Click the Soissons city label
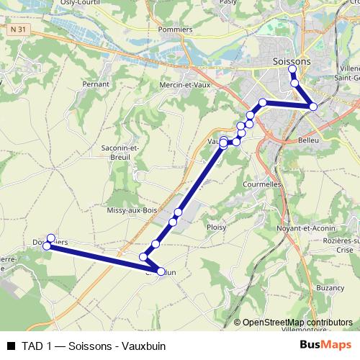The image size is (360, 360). pyautogui.click(x=292, y=61)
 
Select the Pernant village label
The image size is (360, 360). pyautogui.click(x=96, y=84)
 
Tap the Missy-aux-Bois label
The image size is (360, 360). pyautogui.click(x=131, y=210)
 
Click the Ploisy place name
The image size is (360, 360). pyautogui.click(x=216, y=227)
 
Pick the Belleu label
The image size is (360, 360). pyautogui.click(x=308, y=141)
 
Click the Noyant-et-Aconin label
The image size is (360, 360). pyautogui.click(x=303, y=228)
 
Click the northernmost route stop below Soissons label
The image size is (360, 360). pyautogui.click(x=292, y=71)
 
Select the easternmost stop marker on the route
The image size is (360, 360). pyautogui.click(x=313, y=107)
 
